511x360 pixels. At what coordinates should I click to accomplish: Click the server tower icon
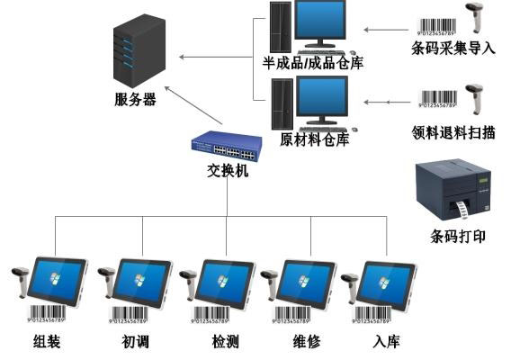point(130,54)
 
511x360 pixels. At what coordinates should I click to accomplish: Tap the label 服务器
point(136,100)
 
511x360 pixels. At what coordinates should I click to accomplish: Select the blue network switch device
point(227,144)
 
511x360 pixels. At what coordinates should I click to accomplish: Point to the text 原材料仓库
point(314,139)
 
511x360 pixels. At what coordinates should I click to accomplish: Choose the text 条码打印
point(458,237)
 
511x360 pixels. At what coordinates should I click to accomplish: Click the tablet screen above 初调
point(142,281)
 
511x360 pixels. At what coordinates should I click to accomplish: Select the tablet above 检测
point(225,281)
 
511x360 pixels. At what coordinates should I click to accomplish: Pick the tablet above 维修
point(308,281)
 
